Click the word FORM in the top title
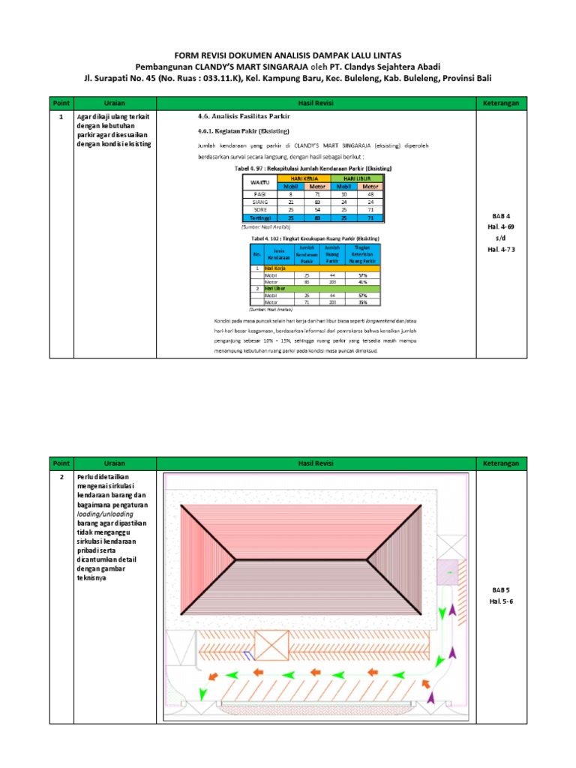pyautogui.click(x=186, y=55)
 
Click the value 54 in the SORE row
pyautogui.click(x=317, y=209)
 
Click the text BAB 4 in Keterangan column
pyautogui.click(x=499, y=216)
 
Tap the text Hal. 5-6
pyautogui.click(x=499, y=601)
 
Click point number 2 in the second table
pyautogui.click(x=60, y=477)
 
